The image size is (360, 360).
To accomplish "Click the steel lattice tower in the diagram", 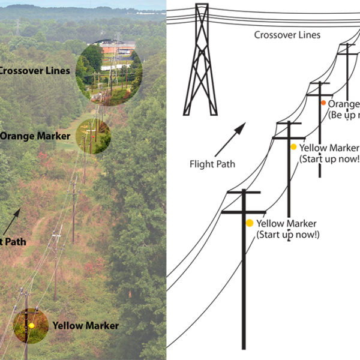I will click(200, 60).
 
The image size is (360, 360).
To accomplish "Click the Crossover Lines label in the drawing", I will click(287, 35).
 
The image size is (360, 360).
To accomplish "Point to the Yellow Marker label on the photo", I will click(85, 326).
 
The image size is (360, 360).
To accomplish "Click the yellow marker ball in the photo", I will click(31, 325).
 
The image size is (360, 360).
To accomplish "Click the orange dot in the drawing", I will click(323, 103).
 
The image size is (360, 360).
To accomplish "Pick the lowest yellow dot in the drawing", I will click(250, 223).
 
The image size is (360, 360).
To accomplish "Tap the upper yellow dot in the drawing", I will click(293, 147).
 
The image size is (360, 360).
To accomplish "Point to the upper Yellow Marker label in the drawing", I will click(329, 148).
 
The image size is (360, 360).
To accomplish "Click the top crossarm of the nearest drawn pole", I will click(244, 193).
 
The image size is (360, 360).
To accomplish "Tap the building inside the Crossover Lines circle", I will click(118, 47).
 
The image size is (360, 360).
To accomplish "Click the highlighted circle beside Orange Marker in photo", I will click(93, 136).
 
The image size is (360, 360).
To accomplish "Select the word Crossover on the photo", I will click(20, 71).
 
